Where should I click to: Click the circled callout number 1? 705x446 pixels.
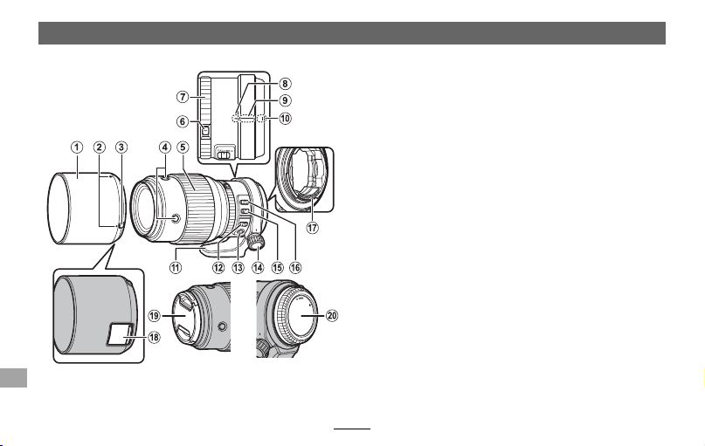[x=77, y=147]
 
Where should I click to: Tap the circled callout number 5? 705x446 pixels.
[x=182, y=147]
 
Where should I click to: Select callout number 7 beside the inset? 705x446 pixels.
[x=182, y=97]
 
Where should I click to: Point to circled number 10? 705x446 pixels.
[x=285, y=119]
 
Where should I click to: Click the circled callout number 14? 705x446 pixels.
[x=258, y=267]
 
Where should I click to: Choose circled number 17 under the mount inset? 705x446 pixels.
[x=313, y=228]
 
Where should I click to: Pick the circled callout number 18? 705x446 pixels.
[x=154, y=337]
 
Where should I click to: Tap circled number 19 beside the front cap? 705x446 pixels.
[x=154, y=316]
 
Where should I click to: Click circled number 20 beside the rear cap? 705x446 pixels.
[x=332, y=316]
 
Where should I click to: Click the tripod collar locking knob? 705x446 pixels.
[x=257, y=243]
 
